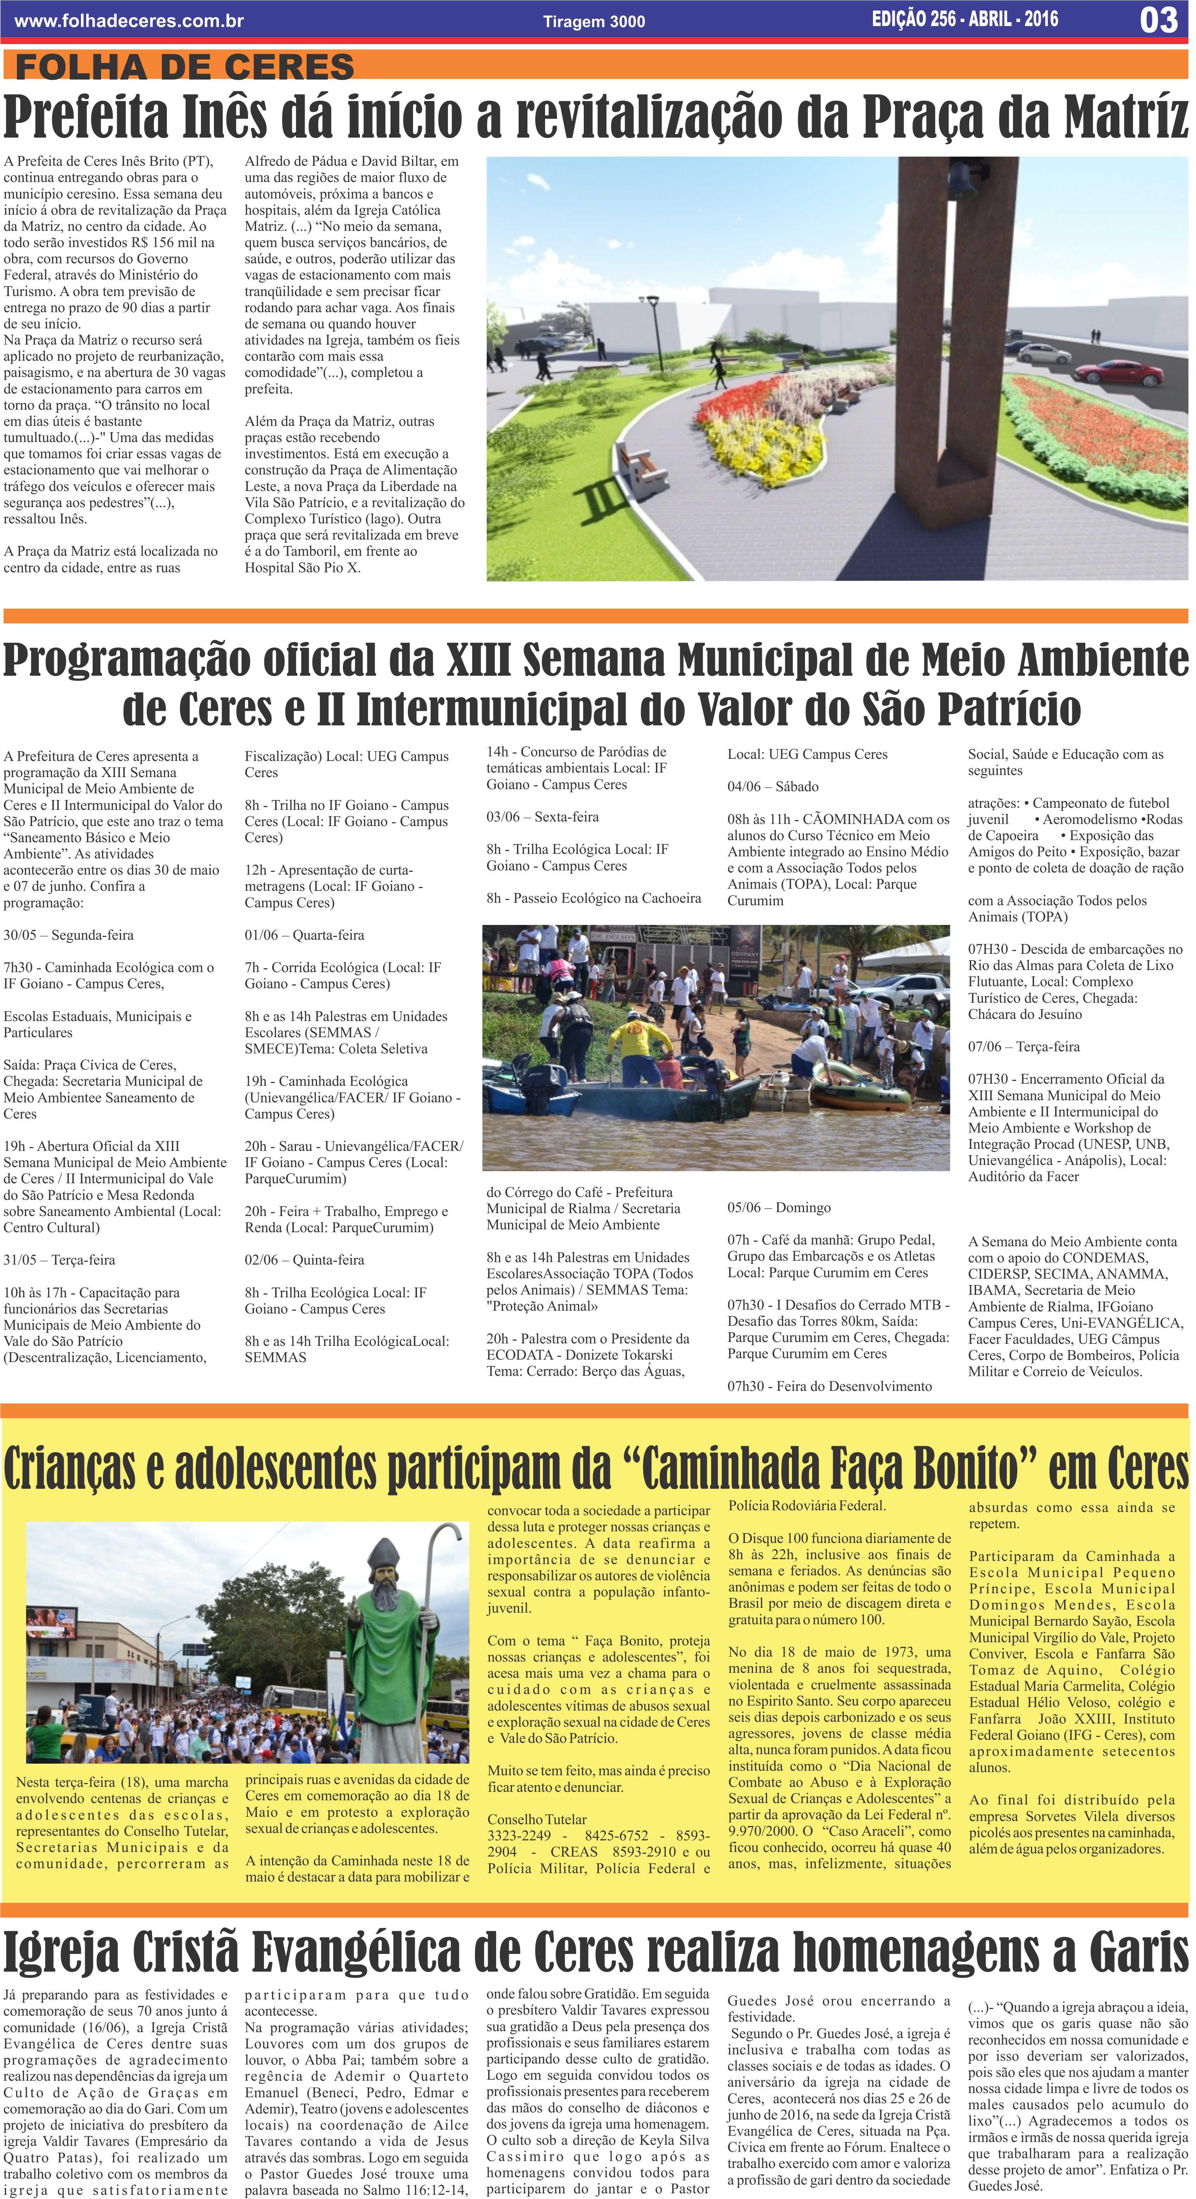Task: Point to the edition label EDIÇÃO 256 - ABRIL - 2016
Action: (965, 19)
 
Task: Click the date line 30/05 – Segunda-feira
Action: (68, 935)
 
